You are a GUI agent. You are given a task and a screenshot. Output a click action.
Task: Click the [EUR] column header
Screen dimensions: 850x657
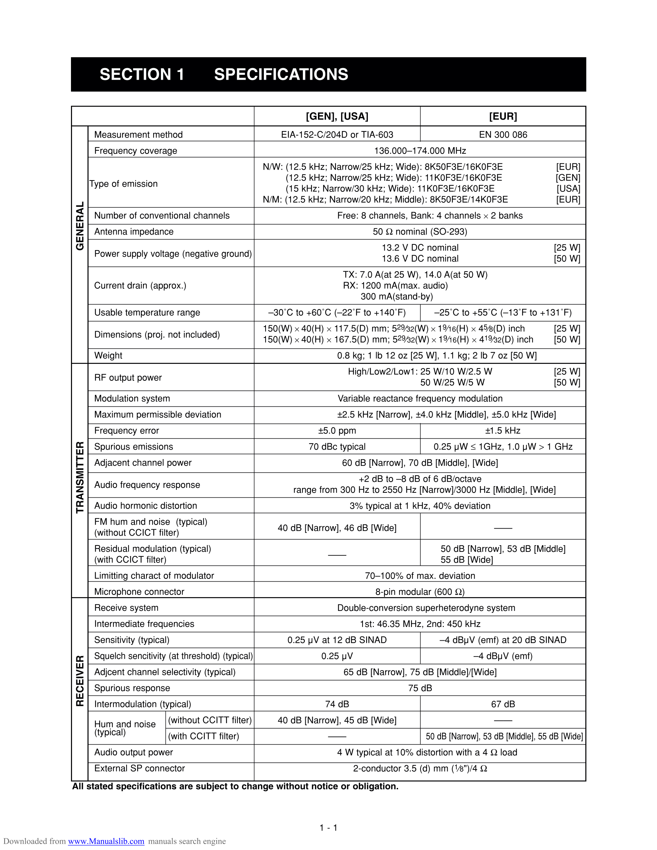point(503,116)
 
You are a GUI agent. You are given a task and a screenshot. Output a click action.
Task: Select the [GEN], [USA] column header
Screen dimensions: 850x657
point(337,116)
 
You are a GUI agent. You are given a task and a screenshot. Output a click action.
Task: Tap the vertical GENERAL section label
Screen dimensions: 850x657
point(80,226)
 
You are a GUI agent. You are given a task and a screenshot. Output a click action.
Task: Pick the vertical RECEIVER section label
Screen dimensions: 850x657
point(80,681)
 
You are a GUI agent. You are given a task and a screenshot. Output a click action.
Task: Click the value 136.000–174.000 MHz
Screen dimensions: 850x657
point(420,151)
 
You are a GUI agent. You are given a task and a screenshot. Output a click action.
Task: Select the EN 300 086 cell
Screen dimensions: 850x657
point(503,135)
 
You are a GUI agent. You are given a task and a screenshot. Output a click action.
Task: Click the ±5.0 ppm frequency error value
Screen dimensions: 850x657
point(337,431)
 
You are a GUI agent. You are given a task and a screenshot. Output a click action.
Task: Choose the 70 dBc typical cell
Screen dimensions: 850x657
point(337,446)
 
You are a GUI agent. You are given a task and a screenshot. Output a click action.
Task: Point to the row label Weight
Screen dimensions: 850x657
point(108,355)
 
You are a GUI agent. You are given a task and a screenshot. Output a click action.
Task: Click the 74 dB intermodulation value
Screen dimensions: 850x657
point(337,704)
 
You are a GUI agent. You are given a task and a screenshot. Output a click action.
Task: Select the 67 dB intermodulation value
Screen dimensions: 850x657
point(503,704)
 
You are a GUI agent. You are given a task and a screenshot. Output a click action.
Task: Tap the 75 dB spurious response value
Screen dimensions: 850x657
point(420,688)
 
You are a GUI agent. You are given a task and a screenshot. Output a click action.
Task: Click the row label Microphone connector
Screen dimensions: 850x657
point(139,591)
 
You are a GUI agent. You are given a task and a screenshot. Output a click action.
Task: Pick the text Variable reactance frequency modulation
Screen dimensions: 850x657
point(420,399)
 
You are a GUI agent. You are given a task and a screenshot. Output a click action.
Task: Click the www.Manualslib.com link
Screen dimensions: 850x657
point(106,841)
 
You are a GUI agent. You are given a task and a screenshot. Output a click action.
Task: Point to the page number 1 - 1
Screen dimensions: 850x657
point(328,828)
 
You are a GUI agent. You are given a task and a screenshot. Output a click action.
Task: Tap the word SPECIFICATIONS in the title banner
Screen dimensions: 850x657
point(281,74)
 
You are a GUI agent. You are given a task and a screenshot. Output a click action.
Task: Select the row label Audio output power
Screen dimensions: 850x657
point(134,752)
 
